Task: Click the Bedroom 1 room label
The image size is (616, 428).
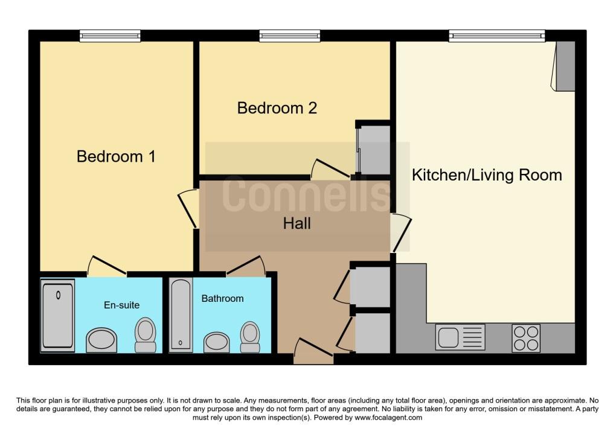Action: (x=116, y=156)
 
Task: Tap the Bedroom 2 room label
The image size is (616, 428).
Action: (x=277, y=108)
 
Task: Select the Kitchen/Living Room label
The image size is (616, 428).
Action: (x=487, y=175)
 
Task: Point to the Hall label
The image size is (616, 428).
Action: (x=297, y=223)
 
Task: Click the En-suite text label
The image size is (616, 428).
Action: (x=121, y=305)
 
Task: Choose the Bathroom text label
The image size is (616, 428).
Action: (x=222, y=298)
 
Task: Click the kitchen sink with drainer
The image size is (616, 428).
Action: (x=460, y=337)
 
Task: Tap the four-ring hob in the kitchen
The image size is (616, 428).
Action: (x=526, y=338)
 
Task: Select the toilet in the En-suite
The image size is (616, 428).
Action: (x=146, y=335)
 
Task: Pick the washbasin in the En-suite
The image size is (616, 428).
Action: (x=101, y=340)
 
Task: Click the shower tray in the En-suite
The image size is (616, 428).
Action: (x=58, y=316)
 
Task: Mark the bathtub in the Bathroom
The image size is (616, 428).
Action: (x=181, y=315)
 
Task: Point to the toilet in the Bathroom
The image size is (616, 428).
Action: (x=250, y=337)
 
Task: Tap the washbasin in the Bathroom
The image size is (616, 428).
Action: (x=217, y=342)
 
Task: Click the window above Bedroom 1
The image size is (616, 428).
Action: (x=110, y=36)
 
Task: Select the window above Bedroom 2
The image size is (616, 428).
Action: (x=289, y=36)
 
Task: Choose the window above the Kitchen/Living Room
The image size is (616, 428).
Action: (x=497, y=36)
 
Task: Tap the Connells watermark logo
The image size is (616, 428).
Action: (x=306, y=194)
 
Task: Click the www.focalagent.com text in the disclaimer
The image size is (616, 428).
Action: (x=388, y=417)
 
